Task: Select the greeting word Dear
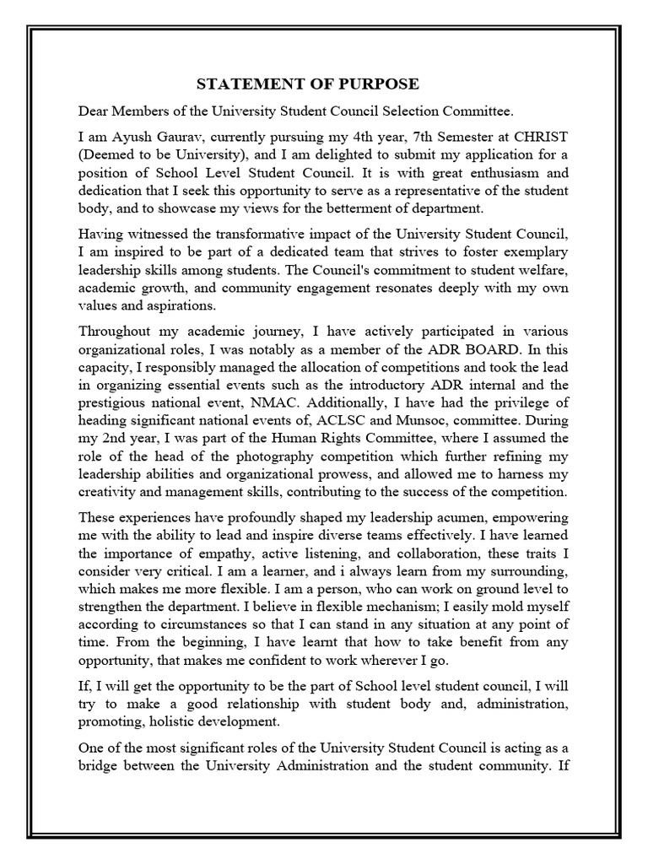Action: (94, 111)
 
